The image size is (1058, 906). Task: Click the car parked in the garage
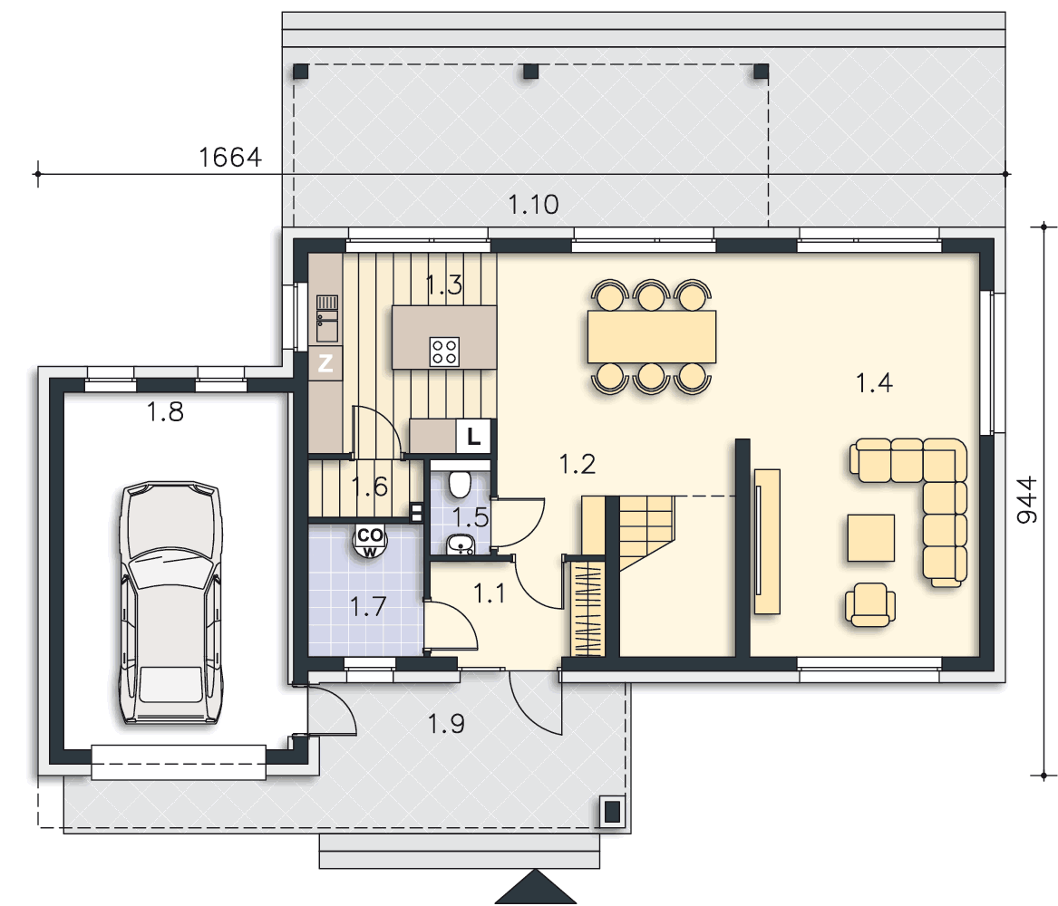tap(171, 603)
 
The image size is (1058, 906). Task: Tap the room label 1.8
tap(165, 411)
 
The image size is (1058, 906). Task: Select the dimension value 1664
tap(230, 157)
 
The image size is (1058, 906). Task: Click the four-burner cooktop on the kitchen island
tap(444, 352)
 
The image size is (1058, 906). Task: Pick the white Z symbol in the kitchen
tap(325, 363)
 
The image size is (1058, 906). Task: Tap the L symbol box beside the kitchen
tap(473, 436)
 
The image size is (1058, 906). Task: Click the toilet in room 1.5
tap(460, 483)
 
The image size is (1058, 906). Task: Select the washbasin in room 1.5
tap(461, 545)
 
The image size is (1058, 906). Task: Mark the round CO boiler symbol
tap(370, 541)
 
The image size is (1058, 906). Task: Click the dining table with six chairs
tap(651, 336)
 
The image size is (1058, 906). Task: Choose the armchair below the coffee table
tap(870, 604)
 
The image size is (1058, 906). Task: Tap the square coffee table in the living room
tap(871, 538)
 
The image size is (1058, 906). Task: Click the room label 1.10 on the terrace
tap(533, 204)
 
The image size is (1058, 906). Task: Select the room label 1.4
tap(875, 383)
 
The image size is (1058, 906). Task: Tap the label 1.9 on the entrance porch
tap(446, 723)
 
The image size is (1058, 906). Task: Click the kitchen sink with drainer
tap(327, 318)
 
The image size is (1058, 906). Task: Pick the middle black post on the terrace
tap(531, 72)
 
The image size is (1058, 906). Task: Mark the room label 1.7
tap(368, 607)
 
